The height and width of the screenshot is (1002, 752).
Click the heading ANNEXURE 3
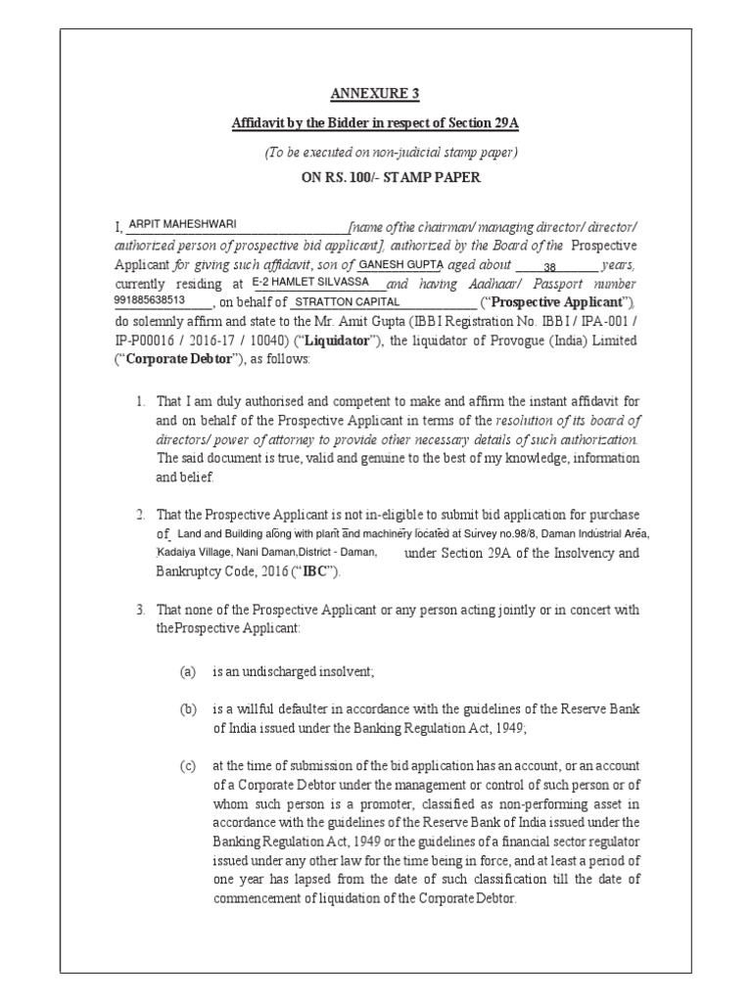point(375,94)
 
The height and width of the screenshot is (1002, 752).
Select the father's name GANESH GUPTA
point(401,264)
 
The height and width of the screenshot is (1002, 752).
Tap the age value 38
point(549,266)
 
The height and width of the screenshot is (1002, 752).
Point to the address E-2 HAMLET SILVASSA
point(311,282)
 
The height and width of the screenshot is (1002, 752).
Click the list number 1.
point(141,401)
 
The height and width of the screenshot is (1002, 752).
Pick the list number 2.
point(141,514)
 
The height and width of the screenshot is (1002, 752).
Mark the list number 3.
point(141,610)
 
